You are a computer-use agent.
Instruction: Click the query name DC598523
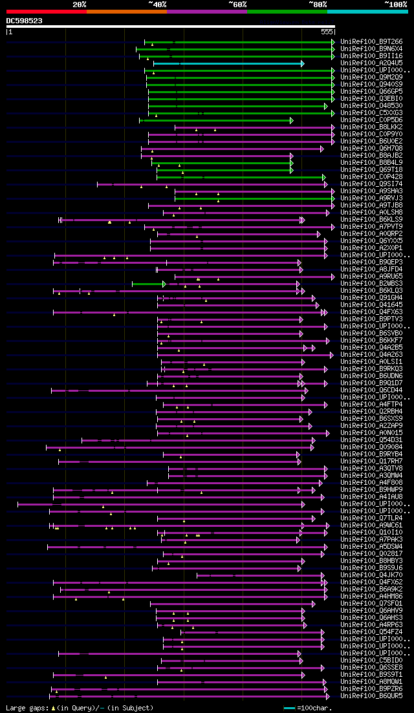(25, 21)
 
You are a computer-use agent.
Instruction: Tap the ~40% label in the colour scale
(157, 5)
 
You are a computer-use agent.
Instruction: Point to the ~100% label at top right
(395, 5)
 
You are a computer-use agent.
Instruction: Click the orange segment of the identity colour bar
(126, 11)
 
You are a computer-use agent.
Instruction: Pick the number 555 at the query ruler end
(327, 31)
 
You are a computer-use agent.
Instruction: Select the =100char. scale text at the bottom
(315, 708)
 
